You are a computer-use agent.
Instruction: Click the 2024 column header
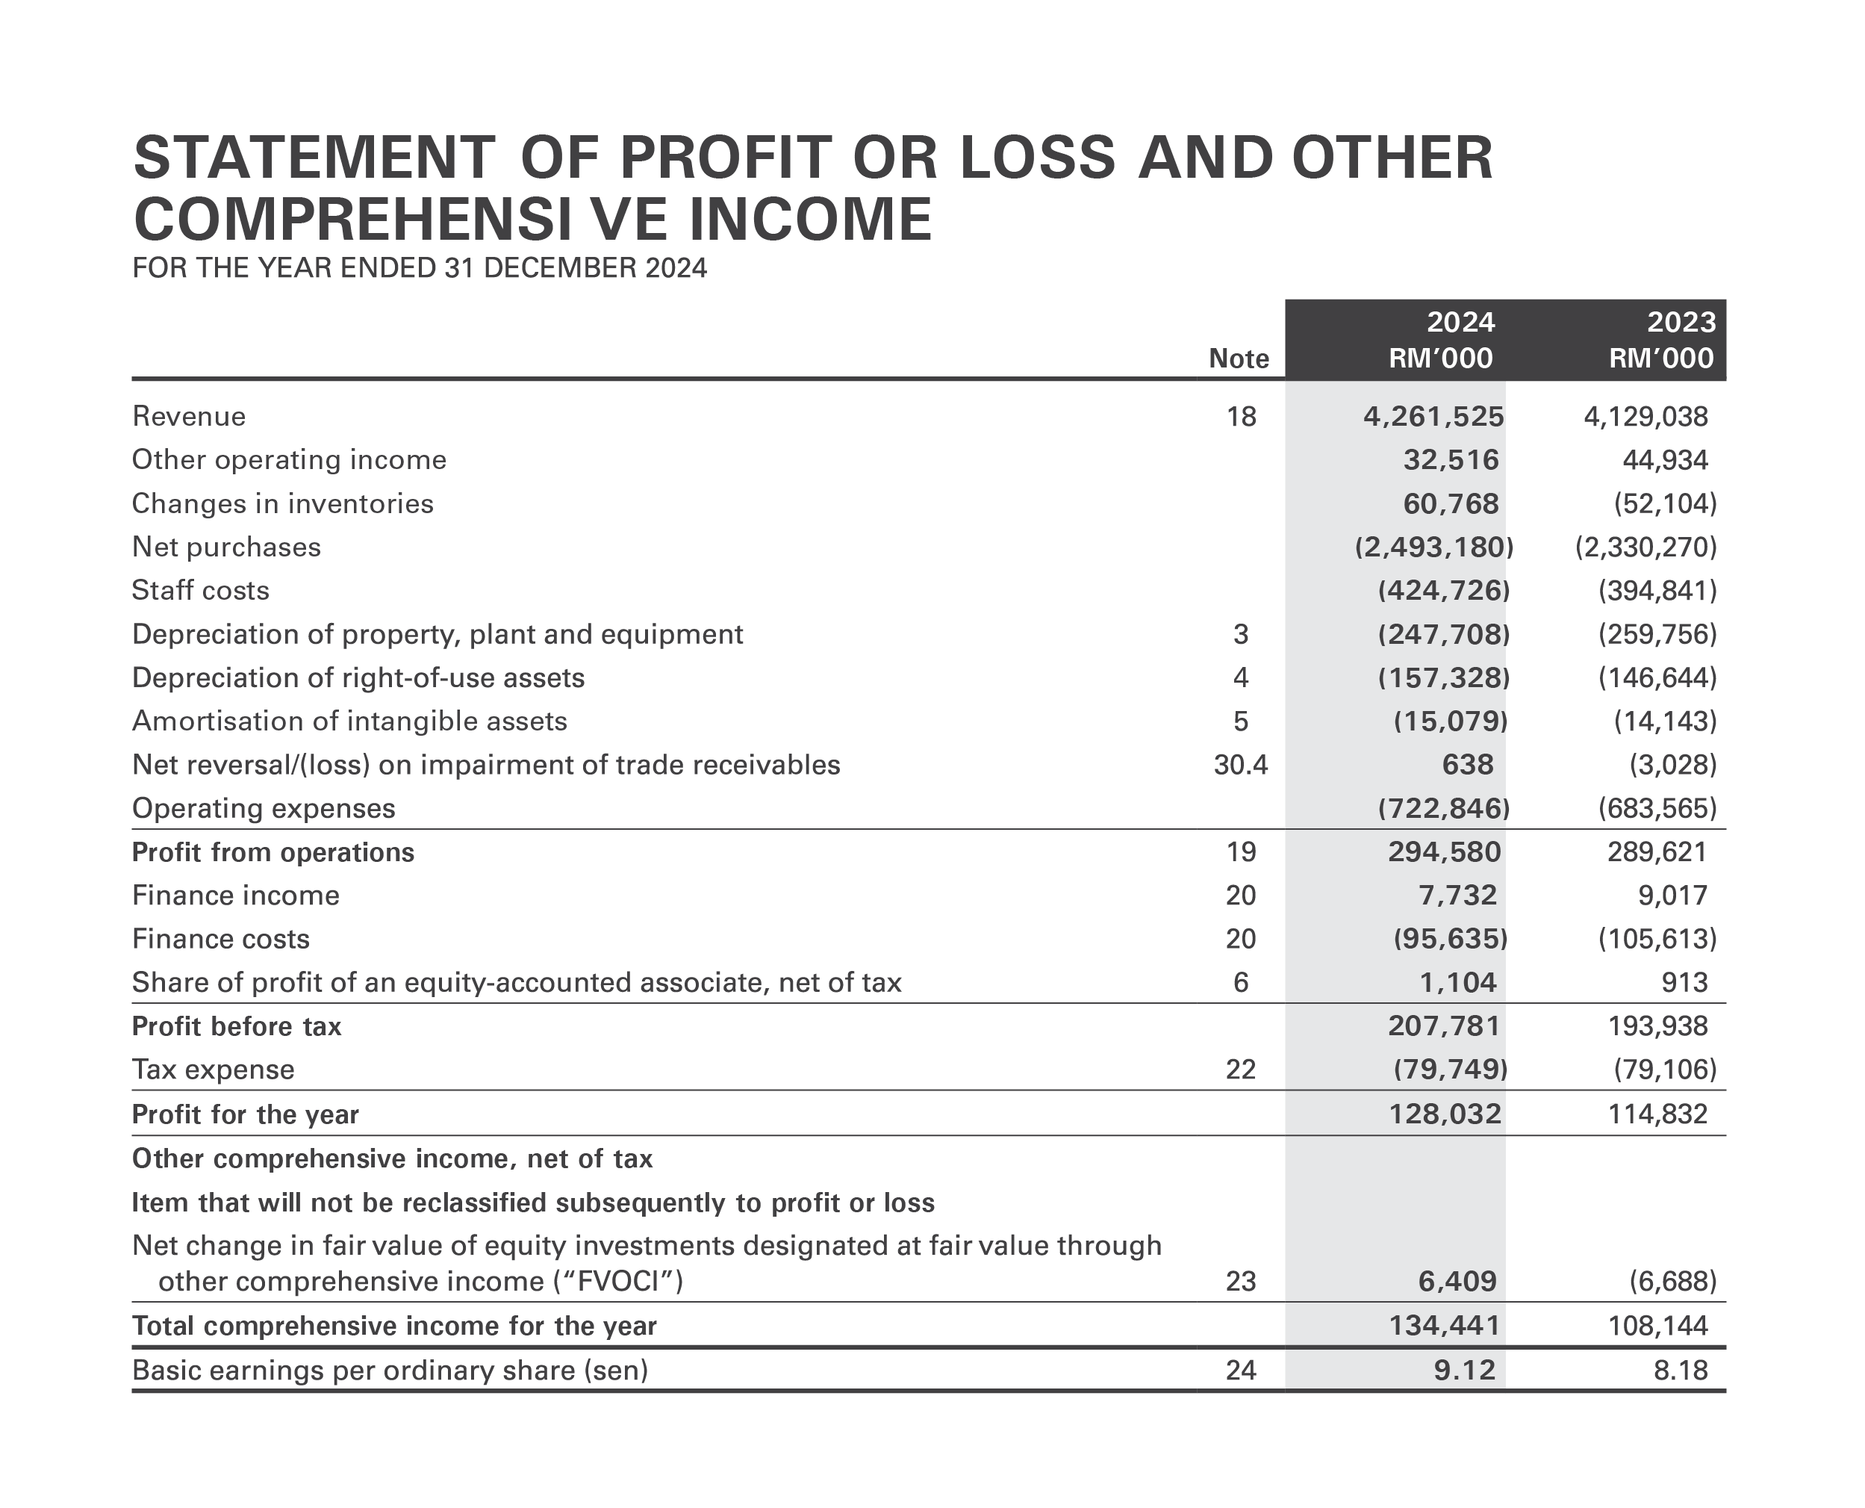coord(1460,322)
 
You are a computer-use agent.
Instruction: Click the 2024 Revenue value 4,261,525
coord(1433,417)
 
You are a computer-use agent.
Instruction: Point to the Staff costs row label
coord(201,591)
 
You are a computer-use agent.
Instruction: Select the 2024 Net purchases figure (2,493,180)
coord(1433,547)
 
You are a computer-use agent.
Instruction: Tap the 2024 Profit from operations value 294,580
coord(1444,852)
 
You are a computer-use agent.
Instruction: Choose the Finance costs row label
coord(220,939)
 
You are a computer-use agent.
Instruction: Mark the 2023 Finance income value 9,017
coord(1672,896)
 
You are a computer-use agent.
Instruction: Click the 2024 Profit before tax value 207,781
coord(1444,1026)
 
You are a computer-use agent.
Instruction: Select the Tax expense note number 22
coord(1240,1070)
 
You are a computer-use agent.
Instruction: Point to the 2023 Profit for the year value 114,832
coord(1657,1114)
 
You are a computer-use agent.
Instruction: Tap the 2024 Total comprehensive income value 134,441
coord(1444,1326)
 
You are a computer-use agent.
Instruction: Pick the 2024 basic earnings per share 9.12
coord(1464,1371)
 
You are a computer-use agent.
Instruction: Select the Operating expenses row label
coord(263,809)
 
